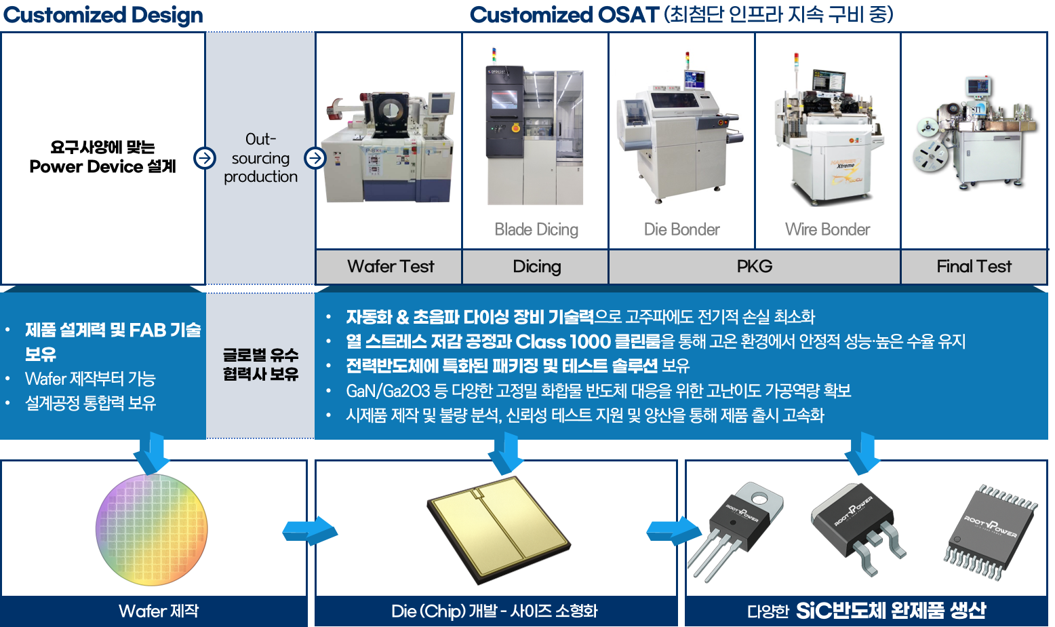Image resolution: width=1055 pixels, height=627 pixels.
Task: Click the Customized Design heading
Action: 103,15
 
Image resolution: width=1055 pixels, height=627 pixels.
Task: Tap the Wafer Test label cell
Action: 391,267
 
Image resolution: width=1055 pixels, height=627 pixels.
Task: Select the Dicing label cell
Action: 536,267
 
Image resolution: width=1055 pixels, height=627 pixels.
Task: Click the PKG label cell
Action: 754,267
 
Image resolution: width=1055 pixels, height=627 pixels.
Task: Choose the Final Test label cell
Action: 974,267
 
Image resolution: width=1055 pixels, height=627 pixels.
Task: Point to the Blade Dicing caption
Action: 536,229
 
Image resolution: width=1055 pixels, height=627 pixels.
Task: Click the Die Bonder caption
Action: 681,229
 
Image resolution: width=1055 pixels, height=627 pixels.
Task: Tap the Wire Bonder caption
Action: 827,229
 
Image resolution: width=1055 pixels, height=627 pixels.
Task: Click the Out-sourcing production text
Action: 260,158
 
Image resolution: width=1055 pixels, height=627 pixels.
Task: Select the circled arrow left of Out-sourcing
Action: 204,158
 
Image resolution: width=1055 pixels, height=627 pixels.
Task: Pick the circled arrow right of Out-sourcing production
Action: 315,158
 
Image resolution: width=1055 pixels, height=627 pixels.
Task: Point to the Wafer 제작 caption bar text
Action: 159,611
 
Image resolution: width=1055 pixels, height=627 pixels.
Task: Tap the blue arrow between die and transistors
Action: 672,530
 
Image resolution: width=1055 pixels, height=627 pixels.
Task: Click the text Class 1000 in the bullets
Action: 563,341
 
